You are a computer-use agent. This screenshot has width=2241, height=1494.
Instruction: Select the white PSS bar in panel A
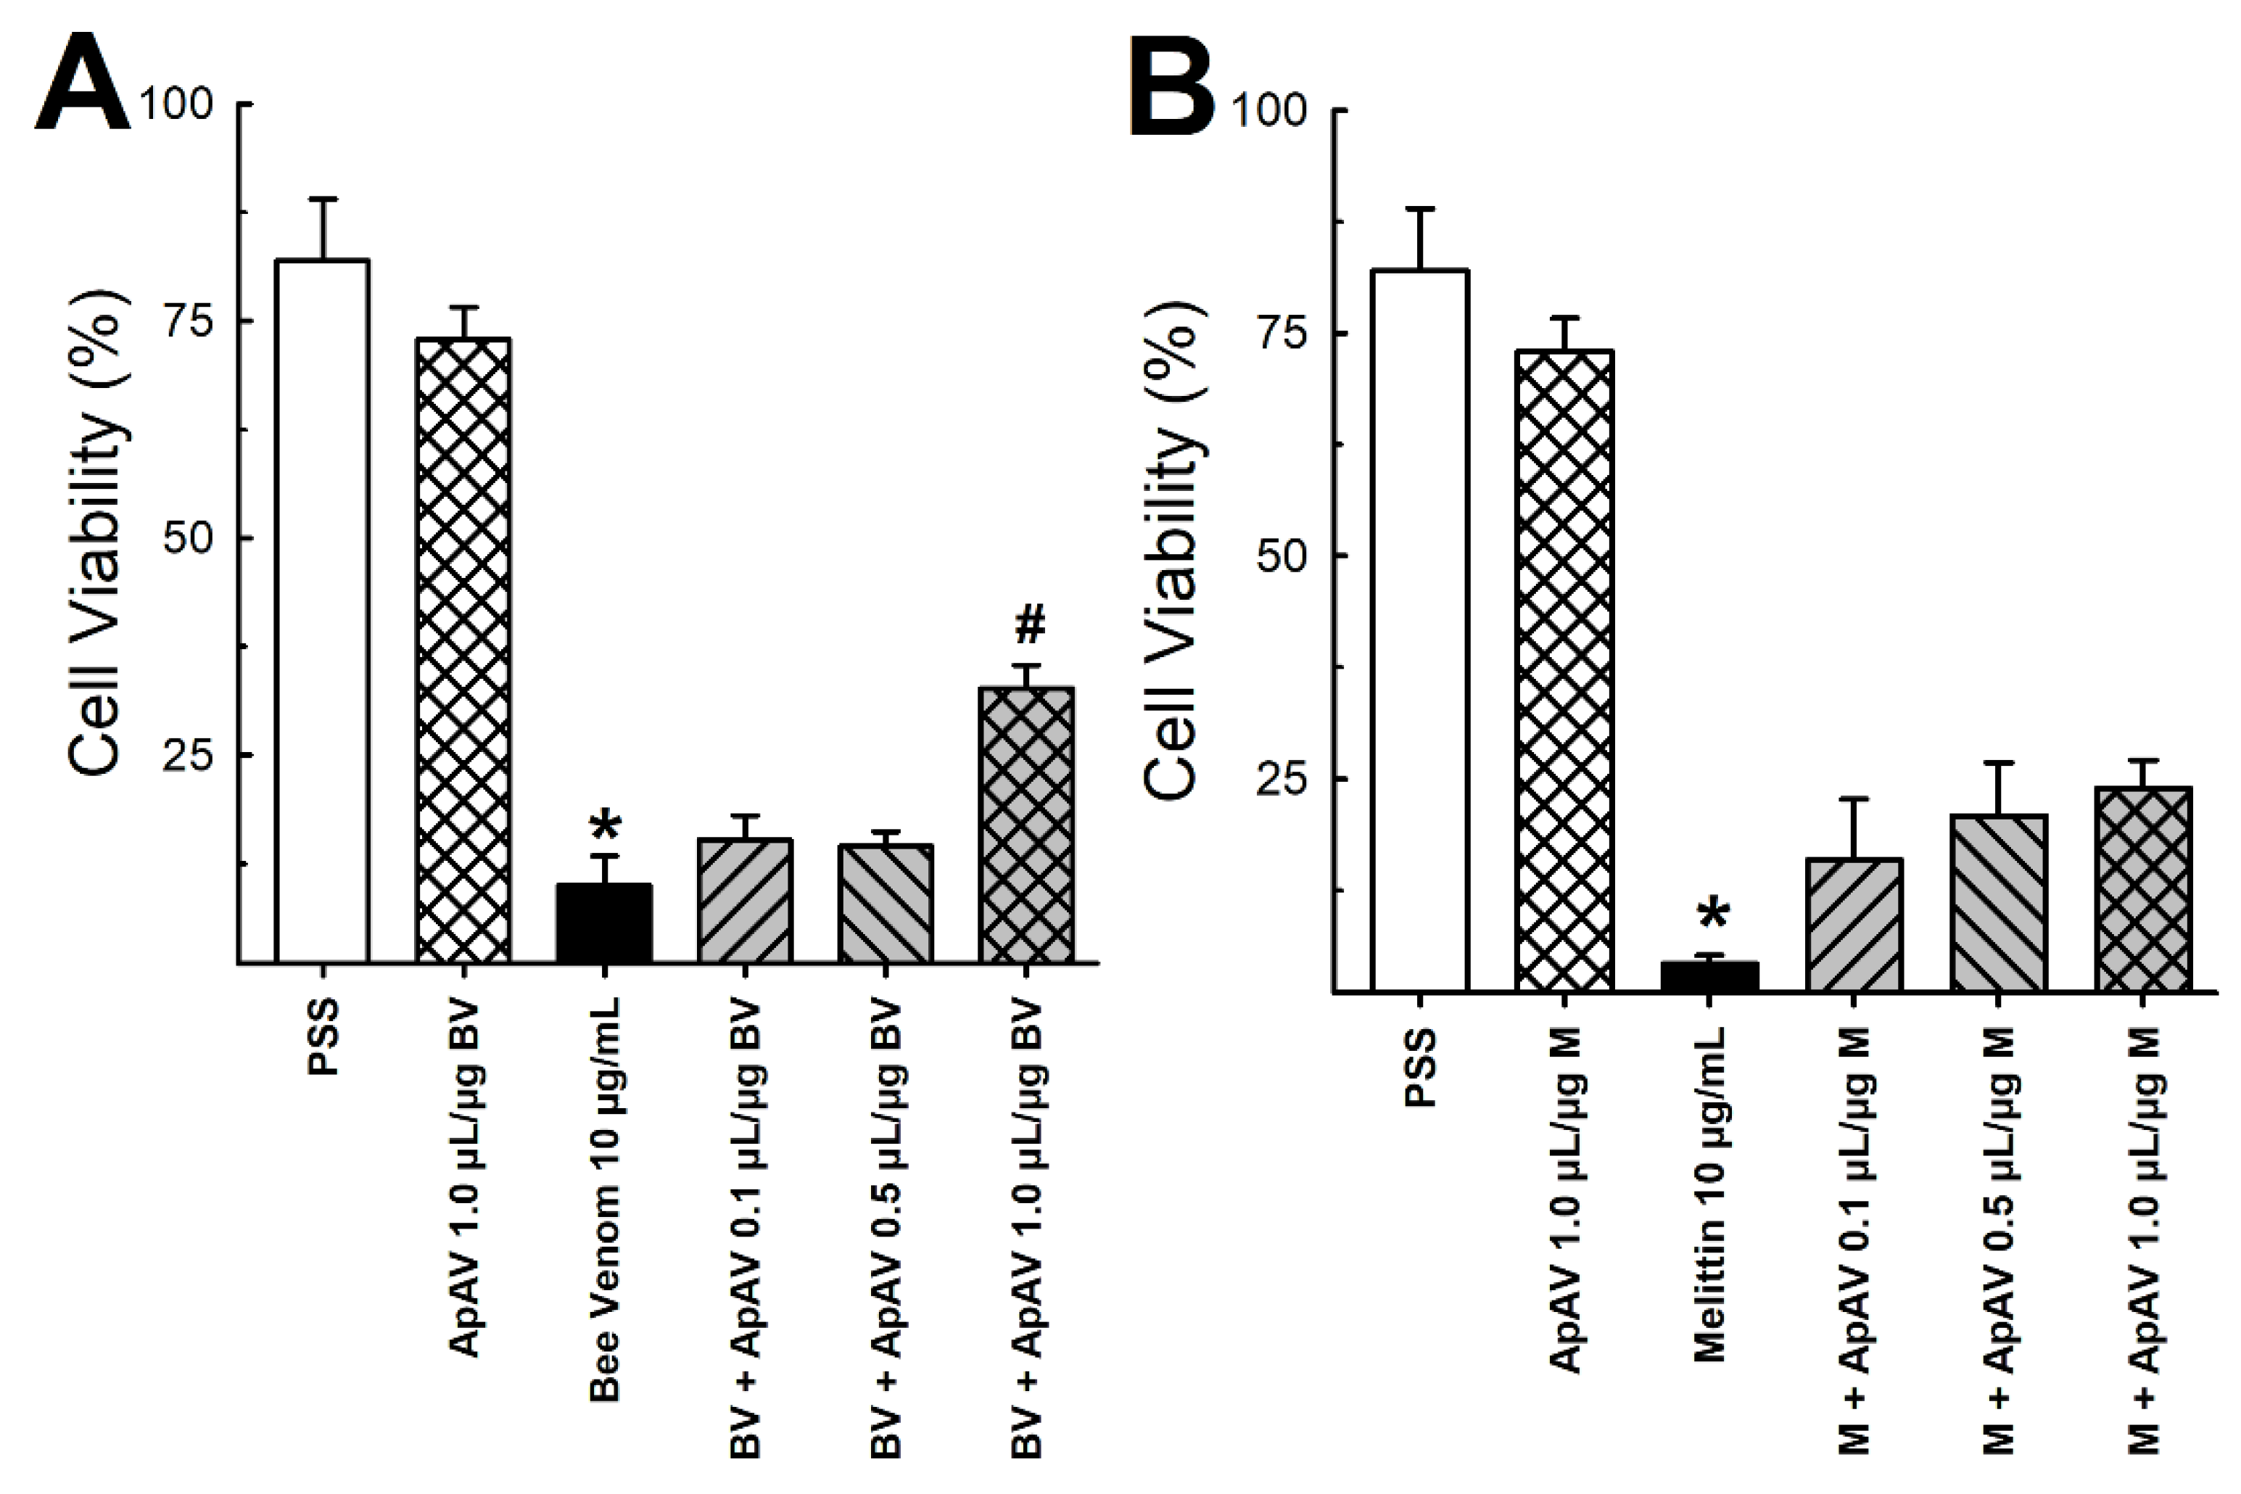pyautogui.click(x=322, y=610)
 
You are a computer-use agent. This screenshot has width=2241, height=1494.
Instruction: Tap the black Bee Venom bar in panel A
pyautogui.click(x=604, y=923)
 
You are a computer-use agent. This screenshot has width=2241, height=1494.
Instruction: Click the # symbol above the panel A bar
pyautogui.click(x=1030, y=625)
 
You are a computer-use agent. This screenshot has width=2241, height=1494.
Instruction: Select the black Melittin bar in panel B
pyautogui.click(x=1709, y=977)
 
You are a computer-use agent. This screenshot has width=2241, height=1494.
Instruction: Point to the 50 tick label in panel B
pyautogui.click(x=1281, y=556)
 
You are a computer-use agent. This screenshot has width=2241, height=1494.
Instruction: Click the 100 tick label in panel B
pyautogui.click(x=1269, y=110)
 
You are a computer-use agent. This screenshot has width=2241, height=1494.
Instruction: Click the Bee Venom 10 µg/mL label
pyautogui.click(x=606, y=1200)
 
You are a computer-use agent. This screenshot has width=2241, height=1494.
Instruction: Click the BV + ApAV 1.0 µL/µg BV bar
pyautogui.click(x=1027, y=824)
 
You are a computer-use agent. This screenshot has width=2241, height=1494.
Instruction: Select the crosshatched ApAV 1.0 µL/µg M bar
pyautogui.click(x=1564, y=671)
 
